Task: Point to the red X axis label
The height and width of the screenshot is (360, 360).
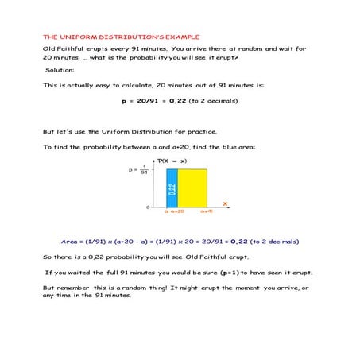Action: click(225, 204)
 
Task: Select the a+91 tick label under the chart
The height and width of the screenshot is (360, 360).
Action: click(205, 212)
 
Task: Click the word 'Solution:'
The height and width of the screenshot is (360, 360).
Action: click(60, 70)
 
